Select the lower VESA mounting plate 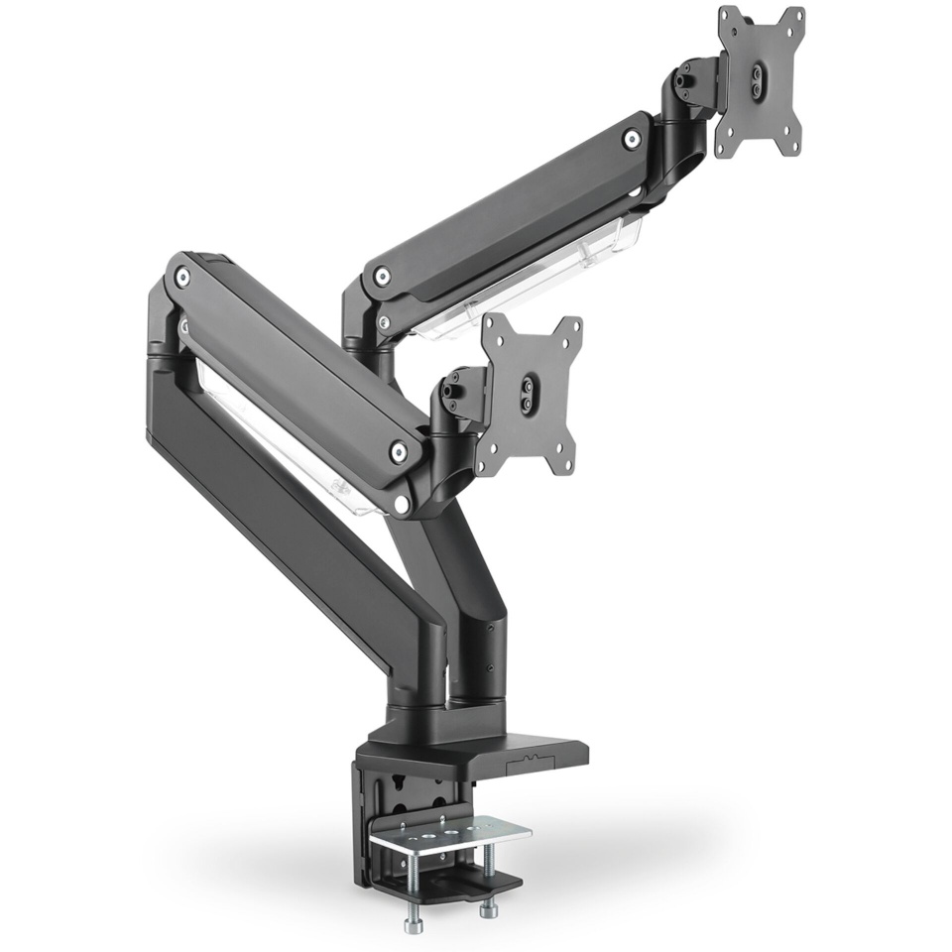pos(530,392)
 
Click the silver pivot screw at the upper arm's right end pos(631,140)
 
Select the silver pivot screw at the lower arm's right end pos(398,452)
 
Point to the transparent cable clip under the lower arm pos(288,446)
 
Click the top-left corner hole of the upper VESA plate pos(729,18)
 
